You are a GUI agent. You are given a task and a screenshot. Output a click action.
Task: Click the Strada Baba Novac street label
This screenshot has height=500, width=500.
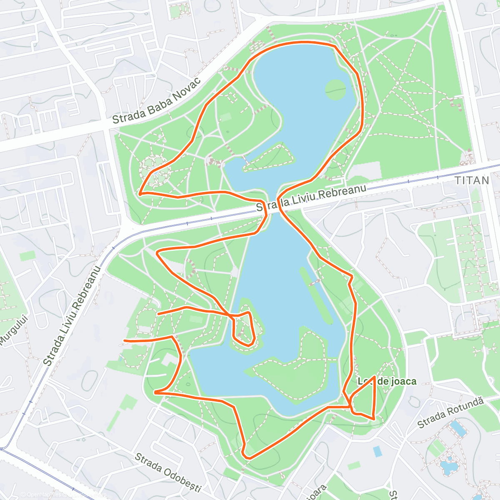point(157,101)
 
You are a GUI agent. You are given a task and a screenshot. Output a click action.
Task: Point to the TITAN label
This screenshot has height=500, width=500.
point(472,180)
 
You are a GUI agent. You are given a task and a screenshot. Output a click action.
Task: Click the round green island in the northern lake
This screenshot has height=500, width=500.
point(335,89)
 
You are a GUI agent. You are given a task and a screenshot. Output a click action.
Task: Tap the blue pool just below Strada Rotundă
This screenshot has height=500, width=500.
point(459,429)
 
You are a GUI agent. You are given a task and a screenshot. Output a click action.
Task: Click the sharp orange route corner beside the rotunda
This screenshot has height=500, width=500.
point(140,193)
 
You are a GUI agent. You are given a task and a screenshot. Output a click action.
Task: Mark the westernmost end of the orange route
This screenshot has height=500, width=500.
point(125,341)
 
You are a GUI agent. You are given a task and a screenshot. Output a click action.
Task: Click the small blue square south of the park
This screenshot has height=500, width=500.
point(377,451)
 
